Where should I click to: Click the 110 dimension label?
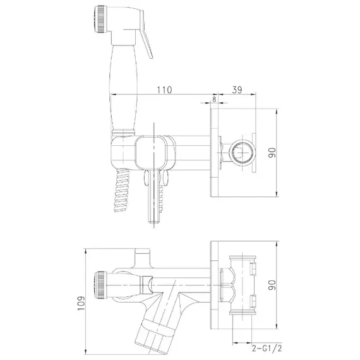[x=164, y=90]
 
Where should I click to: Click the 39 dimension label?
[x=237, y=90]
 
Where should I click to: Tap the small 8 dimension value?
[x=214, y=99]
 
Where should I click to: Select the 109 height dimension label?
[x=81, y=303]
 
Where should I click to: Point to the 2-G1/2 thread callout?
[x=267, y=348]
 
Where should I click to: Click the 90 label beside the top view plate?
[x=272, y=153]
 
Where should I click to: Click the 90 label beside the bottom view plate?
[x=272, y=285]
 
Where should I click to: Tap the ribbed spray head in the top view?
[x=100, y=20]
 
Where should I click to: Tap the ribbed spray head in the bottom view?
[x=100, y=285]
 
